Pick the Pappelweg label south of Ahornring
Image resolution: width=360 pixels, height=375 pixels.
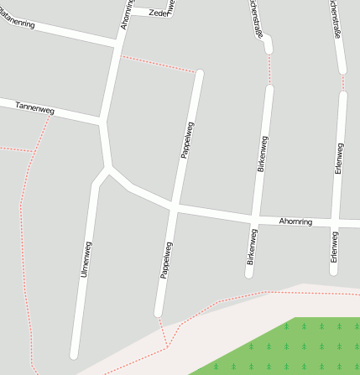pyautogui.click(x=165, y=260)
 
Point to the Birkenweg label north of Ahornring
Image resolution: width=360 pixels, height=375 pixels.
pyautogui.click(x=262, y=153)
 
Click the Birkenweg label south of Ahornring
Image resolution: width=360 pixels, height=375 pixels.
pyautogui.click(x=251, y=248)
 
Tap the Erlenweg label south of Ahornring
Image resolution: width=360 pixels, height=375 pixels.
pyautogui.click(x=334, y=247)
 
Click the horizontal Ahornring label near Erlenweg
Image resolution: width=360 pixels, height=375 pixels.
pyautogui.click(x=295, y=221)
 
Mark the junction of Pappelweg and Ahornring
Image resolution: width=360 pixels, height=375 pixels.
pyautogui.click(x=174, y=206)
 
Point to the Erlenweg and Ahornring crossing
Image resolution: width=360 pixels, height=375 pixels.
pyautogui.click(x=335, y=223)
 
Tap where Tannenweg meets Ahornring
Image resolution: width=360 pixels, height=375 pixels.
pyautogui.click(x=102, y=123)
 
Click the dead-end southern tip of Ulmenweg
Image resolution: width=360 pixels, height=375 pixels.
pyautogui.click(x=75, y=355)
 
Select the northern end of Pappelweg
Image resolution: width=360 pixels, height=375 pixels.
pyautogui.click(x=200, y=74)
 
